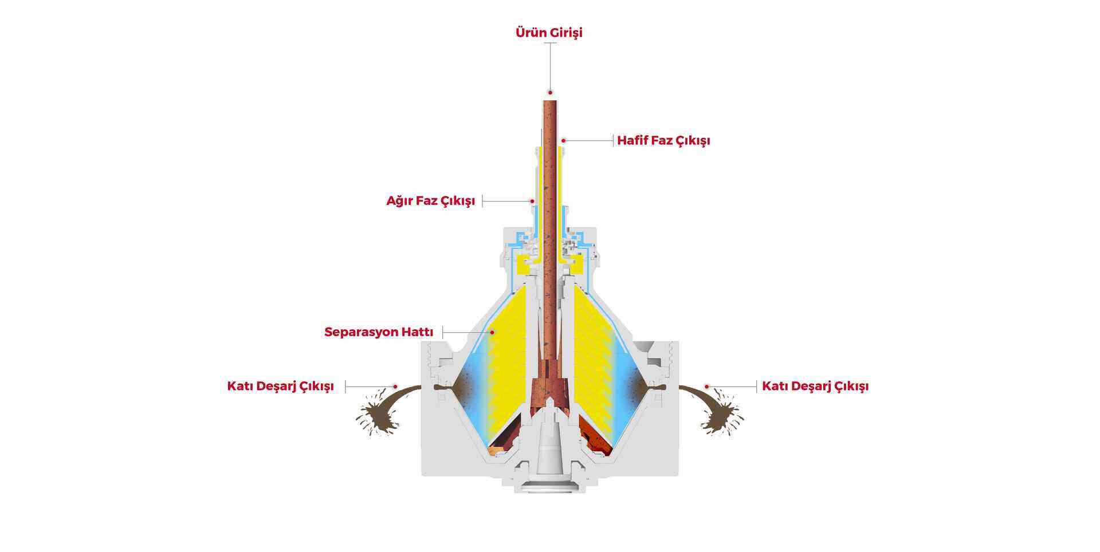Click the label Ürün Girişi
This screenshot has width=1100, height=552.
coord(549,33)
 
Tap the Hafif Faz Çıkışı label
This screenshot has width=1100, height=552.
coord(663,141)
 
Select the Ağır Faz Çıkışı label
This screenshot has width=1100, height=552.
coord(431,201)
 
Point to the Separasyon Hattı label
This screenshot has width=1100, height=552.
coord(379,332)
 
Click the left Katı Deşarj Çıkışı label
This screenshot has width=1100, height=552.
coord(280,387)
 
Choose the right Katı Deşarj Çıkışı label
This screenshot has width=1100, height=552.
coord(815,387)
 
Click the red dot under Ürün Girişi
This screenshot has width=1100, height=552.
coord(550,92)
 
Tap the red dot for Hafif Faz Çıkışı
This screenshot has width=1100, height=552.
coord(564,140)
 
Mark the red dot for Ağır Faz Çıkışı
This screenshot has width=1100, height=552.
coord(532,201)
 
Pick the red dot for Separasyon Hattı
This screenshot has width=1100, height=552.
coord(492,332)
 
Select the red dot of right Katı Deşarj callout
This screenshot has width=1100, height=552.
coord(707,387)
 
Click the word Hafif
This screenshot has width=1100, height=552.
coord(632,141)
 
